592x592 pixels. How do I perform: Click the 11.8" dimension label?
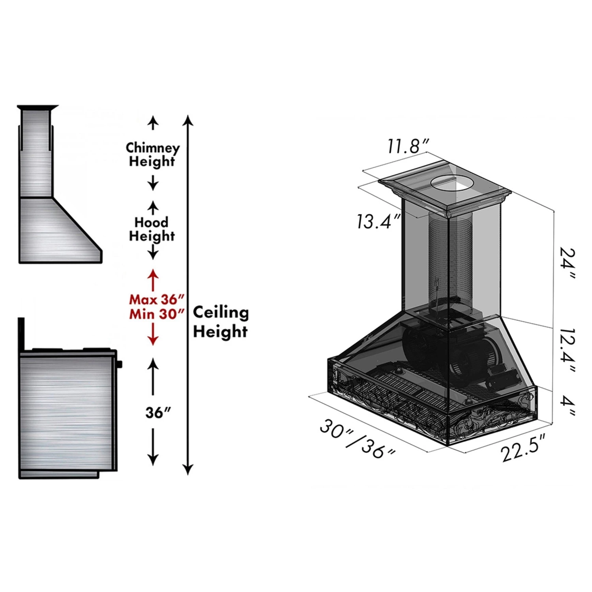(408, 146)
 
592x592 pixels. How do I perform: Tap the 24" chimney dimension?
(567, 263)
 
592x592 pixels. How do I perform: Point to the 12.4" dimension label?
(567, 350)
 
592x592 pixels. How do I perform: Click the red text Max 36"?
(157, 300)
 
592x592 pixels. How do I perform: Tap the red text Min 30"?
(157, 314)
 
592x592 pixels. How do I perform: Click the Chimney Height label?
(152, 154)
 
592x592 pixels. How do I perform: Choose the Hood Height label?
(152, 229)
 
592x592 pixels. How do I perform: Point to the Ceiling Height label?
(221, 322)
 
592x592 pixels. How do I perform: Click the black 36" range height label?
(158, 413)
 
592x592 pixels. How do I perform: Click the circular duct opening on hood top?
(451, 183)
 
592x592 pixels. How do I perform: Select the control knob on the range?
(119, 363)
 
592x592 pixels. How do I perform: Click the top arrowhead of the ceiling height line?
(188, 119)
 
